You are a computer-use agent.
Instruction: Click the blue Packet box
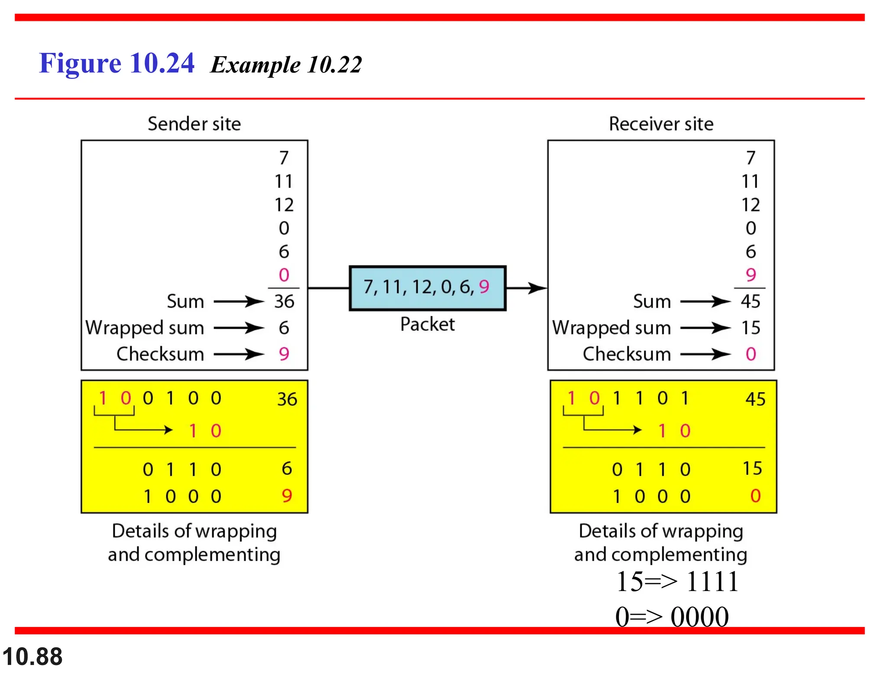[427, 288]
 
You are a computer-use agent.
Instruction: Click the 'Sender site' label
[194, 124]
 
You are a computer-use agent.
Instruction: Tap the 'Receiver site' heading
[661, 124]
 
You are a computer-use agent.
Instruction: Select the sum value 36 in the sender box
[284, 301]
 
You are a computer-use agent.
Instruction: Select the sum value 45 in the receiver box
[751, 301]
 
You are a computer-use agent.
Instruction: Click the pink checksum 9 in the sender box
[284, 354]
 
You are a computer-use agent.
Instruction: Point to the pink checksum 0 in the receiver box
[751, 354]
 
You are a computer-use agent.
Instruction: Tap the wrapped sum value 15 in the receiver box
[751, 328]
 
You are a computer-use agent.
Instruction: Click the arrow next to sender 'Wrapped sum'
[239, 328]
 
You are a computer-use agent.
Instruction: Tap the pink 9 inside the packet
[484, 287]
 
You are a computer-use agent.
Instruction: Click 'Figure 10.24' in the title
[117, 63]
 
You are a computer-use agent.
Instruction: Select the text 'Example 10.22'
[286, 65]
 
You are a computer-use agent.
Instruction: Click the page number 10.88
[32, 656]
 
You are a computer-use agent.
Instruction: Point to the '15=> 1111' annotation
[677, 581]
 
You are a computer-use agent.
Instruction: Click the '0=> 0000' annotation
[672, 617]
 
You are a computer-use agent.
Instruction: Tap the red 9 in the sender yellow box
[287, 496]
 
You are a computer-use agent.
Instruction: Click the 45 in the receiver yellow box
[755, 399]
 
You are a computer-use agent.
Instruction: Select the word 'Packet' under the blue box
[427, 324]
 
